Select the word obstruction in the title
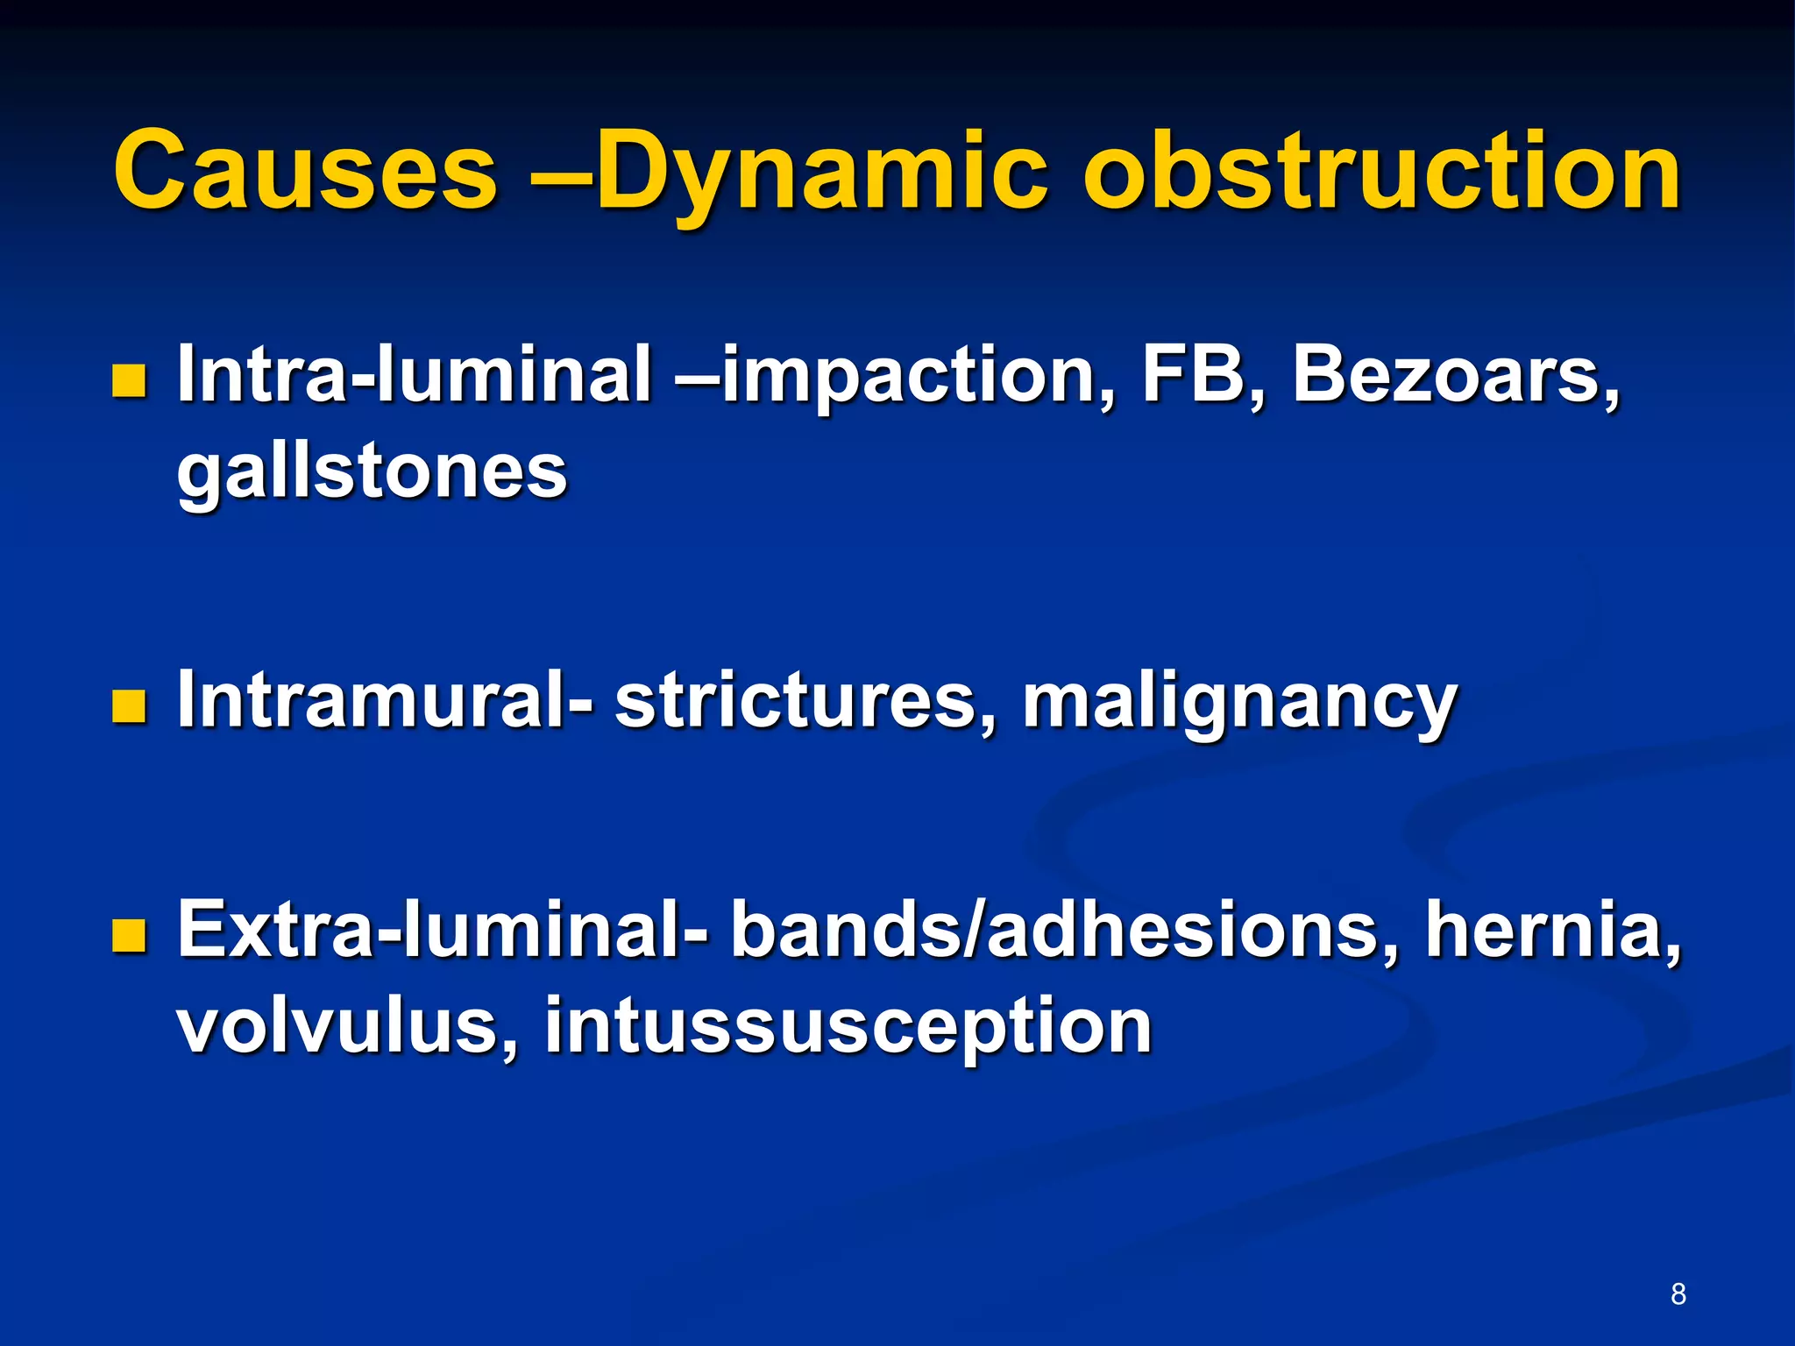coord(1382,172)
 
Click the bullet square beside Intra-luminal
coord(129,382)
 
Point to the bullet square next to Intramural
coord(129,706)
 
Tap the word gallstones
coord(372,473)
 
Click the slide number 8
coord(1678,1293)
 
